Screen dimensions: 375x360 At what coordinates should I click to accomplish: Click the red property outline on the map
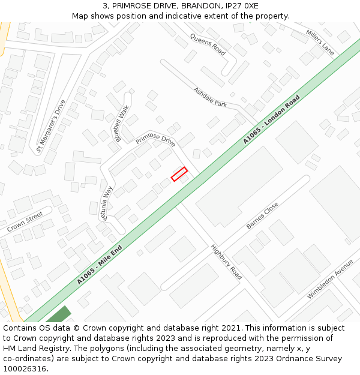tap(179, 174)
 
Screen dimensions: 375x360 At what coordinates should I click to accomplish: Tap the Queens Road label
tap(208, 44)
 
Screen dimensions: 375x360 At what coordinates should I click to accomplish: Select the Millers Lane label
tap(319, 42)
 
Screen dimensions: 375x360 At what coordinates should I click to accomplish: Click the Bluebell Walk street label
tap(122, 123)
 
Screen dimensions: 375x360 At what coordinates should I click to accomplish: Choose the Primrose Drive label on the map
tap(155, 140)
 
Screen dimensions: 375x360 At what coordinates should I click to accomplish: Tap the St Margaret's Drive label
tap(50, 126)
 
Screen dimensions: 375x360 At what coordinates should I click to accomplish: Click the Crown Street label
tap(25, 221)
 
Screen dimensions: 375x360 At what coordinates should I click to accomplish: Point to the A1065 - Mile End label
tap(100, 265)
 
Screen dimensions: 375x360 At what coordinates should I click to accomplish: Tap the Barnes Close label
tap(262, 215)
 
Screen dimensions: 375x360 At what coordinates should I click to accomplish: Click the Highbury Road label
tap(226, 262)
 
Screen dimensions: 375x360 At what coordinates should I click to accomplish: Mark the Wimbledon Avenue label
tap(330, 279)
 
